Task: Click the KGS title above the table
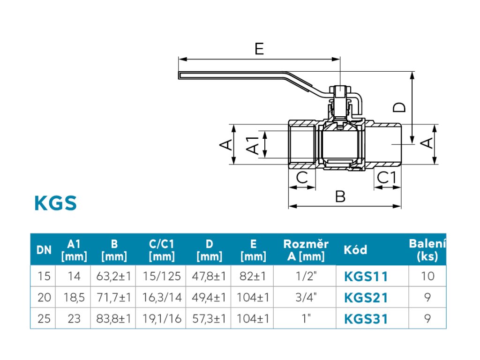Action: tap(55, 203)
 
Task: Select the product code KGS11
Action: tap(366, 277)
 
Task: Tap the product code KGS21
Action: tap(366, 298)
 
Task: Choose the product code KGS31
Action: tap(366, 319)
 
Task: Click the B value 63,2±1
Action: tap(113, 276)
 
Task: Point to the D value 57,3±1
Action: tap(209, 319)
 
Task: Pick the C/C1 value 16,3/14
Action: tap(162, 297)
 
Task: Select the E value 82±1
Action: tap(253, 276)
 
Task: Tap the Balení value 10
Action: tap(427, 276)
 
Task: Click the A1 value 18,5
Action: tap(74, 297)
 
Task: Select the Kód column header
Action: tap(355, 250)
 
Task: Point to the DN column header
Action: tap(44, 250)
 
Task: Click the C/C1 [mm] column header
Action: tap(162, 250)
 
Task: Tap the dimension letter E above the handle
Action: tap(259, 49)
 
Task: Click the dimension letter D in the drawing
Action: tap(399, 107)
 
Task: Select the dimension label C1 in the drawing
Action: tap(387, 178)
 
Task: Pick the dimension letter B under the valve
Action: tap(340, 196)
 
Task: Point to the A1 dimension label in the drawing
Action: tap(253, 145)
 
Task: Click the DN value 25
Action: tap(44, 319)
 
